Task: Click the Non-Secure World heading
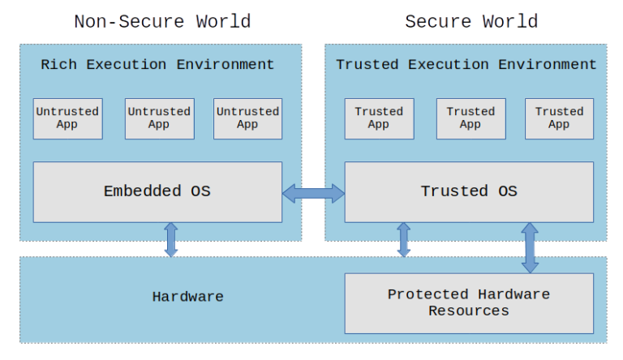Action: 162,21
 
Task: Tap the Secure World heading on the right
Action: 470,21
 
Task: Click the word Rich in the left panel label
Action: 57,65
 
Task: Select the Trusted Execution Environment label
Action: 466,65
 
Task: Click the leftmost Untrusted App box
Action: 67,118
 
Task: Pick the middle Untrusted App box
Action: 159,118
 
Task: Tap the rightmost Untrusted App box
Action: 247,118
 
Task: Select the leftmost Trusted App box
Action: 379,118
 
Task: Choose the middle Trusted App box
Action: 470,118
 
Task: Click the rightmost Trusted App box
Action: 559,118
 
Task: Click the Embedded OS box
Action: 157,191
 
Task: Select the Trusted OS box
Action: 469,191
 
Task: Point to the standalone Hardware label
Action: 187,297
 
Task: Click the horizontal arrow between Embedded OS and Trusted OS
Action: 313,193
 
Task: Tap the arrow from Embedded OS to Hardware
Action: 171,239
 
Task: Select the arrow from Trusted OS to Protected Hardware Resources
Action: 530,247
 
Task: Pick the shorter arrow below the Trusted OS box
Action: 403,239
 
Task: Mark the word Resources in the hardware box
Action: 469,311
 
